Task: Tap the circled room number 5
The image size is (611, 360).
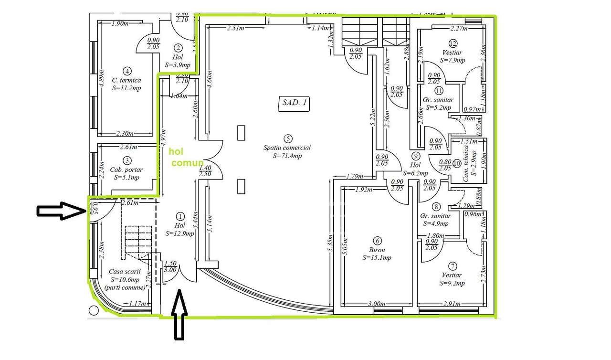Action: (287, 139)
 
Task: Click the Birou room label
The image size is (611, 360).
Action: (377, 250)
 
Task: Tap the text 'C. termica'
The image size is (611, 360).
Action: (126, 80)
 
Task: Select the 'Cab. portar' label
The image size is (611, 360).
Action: (126, 169)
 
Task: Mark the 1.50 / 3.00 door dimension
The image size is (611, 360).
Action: (170, 266)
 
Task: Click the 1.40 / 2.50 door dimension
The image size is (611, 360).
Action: (204, 171)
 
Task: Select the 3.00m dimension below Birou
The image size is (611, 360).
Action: (377, 304)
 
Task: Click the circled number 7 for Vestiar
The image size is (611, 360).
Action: (452, 266)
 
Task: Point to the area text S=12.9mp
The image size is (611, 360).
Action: (180, 233)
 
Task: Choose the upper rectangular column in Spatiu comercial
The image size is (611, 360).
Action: (242, 133)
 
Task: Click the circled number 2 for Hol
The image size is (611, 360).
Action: (178, 48)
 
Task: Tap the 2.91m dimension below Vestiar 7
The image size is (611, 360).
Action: (452, 304)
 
